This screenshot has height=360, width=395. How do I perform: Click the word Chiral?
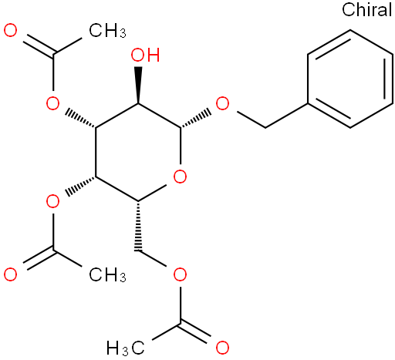pyautogui.click(x=366, y=9)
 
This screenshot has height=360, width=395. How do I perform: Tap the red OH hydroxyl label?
pyautogui.click(x=145, y=55)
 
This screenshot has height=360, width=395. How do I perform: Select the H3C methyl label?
pyautogui.click(x=126, y=348)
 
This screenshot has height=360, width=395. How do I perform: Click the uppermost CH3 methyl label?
pyautogui.click(x=107, y=30)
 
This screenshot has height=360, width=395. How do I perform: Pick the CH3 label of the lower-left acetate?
pyautogui.click(x=107, y=274)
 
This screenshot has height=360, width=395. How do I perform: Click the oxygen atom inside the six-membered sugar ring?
pyautogui.click(x=180, y=177)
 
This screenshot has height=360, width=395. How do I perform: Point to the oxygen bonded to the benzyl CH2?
pyautogui.click(x=222, y=103)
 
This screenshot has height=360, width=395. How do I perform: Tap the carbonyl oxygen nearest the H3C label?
pyautogui.click(x=222, y=348)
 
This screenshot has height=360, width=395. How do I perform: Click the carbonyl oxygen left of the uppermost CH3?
pyautogui.click(x=11, y=30)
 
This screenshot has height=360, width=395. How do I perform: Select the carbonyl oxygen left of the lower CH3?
pyautogui.click(x=11, y=274)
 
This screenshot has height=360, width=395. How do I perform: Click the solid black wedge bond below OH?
pyautogui.click(x=138, y=85)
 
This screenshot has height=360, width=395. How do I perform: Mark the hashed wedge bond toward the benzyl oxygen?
pyautogui.click(x=196, y=119)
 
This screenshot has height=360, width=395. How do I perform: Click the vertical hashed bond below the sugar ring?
pyautogui.click(x=138, y=226)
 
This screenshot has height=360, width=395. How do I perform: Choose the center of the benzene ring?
pyautogui.click(x=350, y=79)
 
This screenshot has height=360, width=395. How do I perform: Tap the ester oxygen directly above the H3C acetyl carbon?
pyautogui.click(x=180, y=274)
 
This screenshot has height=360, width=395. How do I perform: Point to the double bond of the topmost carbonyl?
pyautogui.click(x=39, y=45)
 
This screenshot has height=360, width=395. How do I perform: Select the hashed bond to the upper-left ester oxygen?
pyautogui.click(x=80, y=118)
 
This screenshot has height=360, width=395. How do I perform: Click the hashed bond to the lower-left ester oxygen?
pyautogui.click(x=80, y=187)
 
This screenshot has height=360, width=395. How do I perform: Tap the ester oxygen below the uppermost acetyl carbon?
pyautogui.click(x=52, y=103)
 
